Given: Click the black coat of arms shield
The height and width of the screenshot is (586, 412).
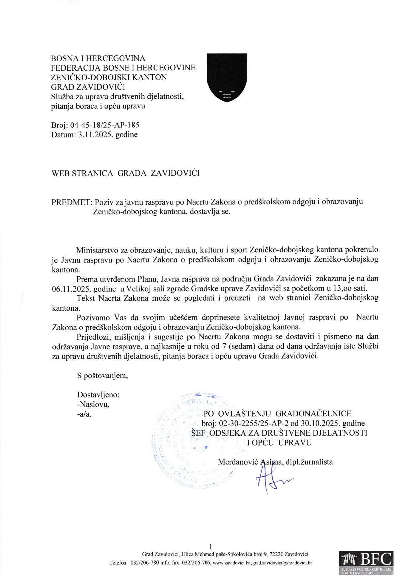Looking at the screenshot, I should click(227, 77).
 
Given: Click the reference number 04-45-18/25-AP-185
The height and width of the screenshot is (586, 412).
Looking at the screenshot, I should click(105, 125).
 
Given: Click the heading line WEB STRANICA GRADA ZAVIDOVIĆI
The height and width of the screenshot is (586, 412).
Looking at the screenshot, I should click(125, 173).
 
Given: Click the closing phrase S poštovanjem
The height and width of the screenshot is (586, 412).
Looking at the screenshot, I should click(103, 376).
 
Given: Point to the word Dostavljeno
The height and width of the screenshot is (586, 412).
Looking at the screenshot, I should click(98, 395).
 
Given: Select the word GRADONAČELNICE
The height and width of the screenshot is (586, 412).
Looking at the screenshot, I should click(313, 414).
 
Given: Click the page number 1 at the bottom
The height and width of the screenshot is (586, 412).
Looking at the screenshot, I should click(211, 546).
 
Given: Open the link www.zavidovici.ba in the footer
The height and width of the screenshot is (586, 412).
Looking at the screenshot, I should click(232, 563).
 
